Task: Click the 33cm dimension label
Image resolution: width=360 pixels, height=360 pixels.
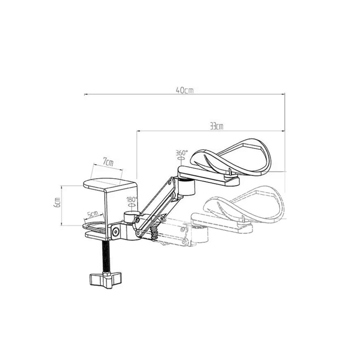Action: pos(216,126)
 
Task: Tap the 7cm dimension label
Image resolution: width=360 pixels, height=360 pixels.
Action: pos(107,162)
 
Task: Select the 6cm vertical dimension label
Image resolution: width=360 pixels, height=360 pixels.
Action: pos(57,202)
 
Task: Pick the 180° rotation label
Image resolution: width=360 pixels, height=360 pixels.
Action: pos(131,199)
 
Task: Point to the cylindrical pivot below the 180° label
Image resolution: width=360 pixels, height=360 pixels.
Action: pos(130,217)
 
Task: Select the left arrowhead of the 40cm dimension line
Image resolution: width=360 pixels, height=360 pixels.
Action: pos(86,95)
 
